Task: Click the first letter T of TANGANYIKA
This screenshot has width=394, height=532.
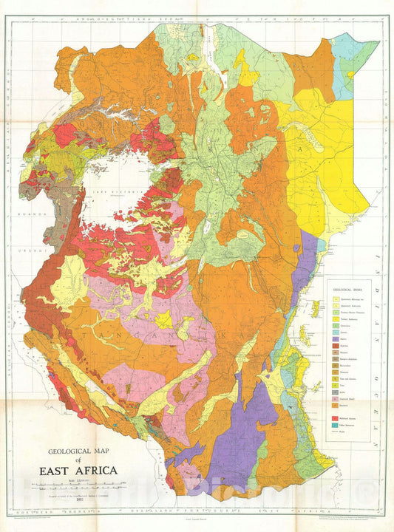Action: (x=88, y=335)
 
